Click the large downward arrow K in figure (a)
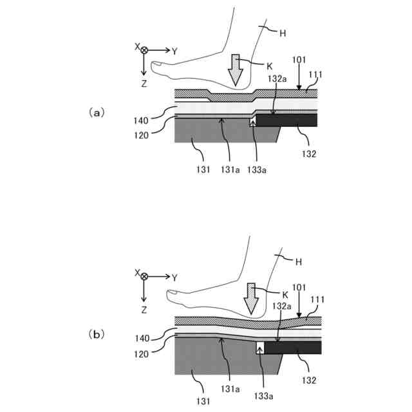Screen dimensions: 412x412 (x=236, y=70)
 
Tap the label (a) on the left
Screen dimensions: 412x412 (x=95, y=112)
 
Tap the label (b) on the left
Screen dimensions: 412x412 (x=95, y=334)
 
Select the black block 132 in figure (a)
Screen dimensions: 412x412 (x=286, y=120)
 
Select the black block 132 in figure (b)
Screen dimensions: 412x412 (x=293, y=348)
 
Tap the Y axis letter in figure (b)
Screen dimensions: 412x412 (x=174, y=277)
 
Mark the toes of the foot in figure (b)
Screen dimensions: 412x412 (x=174, y=295)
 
